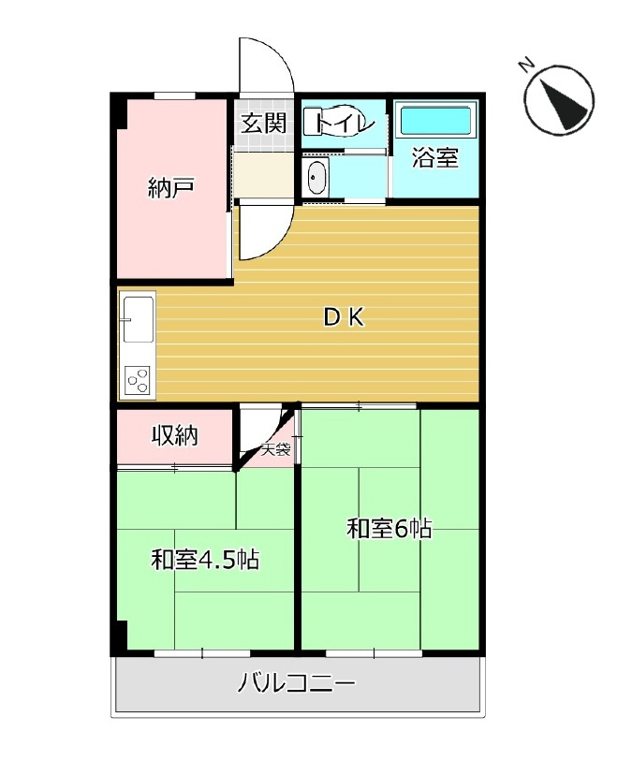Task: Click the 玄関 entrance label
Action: tap(262, 124)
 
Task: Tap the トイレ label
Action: tap(345, 124)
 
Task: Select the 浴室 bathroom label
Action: tap(435, 158)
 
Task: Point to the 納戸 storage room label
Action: tap(171, 187)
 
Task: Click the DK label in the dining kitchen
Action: tap(344, 318)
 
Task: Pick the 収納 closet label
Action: tap(175, 435)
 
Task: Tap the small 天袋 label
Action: tap(275, 450)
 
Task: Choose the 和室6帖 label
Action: tap(389, 529)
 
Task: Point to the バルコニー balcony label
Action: tap(297, 683)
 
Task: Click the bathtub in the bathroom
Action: tap(435, 122)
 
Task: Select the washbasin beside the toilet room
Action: tap(316, 177)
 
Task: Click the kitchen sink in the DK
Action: tap(138, 323)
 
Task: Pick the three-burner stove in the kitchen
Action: tap(138, 379)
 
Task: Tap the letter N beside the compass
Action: tap(527, 65)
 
